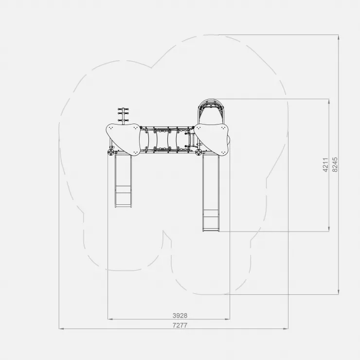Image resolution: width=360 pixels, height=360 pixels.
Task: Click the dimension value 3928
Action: (x=180, y=315)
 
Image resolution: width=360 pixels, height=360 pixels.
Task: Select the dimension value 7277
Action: (x=180, y=325)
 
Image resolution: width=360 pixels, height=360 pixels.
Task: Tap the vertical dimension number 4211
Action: (x=325, y=164)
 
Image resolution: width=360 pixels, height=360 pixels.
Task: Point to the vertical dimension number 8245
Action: (x=335, y=164)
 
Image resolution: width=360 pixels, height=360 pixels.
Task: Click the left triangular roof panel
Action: (x=123, y=139)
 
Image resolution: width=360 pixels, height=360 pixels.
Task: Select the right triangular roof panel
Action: (x=212, y=139)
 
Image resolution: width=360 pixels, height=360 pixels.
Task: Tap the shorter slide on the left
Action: (x=123, y=180)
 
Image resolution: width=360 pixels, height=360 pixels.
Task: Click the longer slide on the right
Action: (x=211, y=192)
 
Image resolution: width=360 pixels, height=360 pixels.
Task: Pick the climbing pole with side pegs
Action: (x=123, y=116)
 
